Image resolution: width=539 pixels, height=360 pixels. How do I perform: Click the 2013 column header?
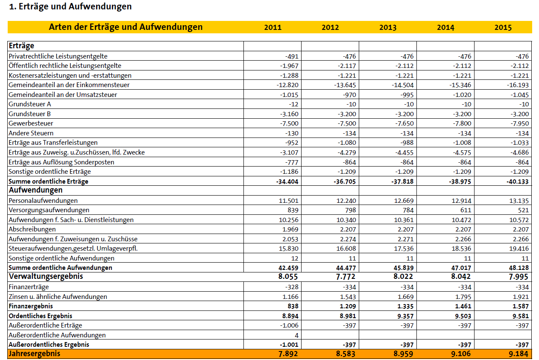(387, 27)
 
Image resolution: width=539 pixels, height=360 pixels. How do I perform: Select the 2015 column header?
(503, 27)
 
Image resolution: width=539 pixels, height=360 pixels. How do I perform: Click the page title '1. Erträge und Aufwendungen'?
(70, 6)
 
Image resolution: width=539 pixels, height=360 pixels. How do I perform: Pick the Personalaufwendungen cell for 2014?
(461, 201)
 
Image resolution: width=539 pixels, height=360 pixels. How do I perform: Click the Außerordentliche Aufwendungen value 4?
(296, 335)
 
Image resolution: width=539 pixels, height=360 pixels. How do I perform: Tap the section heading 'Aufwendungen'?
(35, 190)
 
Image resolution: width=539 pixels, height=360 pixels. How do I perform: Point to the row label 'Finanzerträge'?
(29, 287)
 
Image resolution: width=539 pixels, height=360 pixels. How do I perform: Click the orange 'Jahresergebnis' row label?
(35, 354)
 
